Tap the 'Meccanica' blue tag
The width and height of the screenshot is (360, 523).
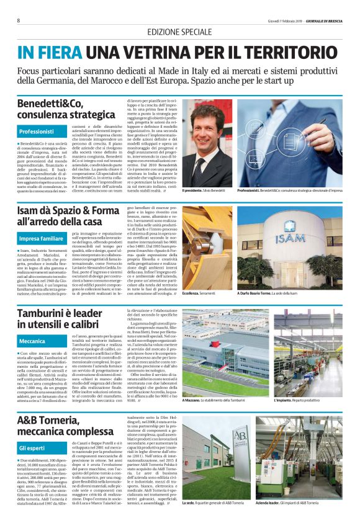click(33, 341)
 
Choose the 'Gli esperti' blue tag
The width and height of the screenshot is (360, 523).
click(33, 447)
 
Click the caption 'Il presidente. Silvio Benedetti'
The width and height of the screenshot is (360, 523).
click(205, 189)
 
